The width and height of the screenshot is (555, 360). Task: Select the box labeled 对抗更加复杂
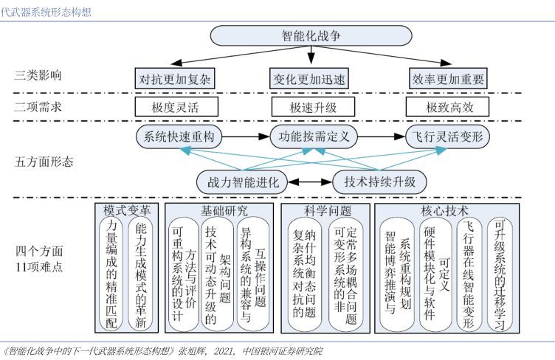(x=175, y=78)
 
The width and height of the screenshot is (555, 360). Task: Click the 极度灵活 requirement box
(x=175, y=107)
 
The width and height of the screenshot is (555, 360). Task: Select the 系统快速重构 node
(x=179, y=136)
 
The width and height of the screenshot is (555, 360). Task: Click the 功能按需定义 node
(x=313, y=136)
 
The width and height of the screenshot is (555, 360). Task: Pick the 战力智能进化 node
(x=241, y=181)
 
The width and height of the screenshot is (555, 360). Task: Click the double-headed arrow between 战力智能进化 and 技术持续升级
(x=308, y=181)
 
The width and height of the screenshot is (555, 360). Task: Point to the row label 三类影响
(x=38, y=75)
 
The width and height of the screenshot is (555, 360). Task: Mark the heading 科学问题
(x=325, y=210)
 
